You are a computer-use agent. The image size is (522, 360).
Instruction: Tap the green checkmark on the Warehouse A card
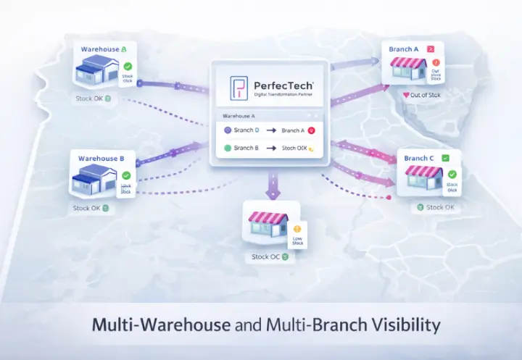click(x=127, y=66)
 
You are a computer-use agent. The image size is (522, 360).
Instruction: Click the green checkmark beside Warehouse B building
click(x=127, y=175)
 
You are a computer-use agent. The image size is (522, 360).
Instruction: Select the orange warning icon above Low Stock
click(x=297, y=229)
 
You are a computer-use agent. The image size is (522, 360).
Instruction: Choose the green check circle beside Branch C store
click(x=452, y=174)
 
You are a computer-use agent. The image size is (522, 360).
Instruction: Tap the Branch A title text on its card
click(x=404, y=49)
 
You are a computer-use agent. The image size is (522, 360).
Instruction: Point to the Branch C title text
click(x=420, y=158)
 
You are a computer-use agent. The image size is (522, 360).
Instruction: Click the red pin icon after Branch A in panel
click(x=311, y=130)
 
